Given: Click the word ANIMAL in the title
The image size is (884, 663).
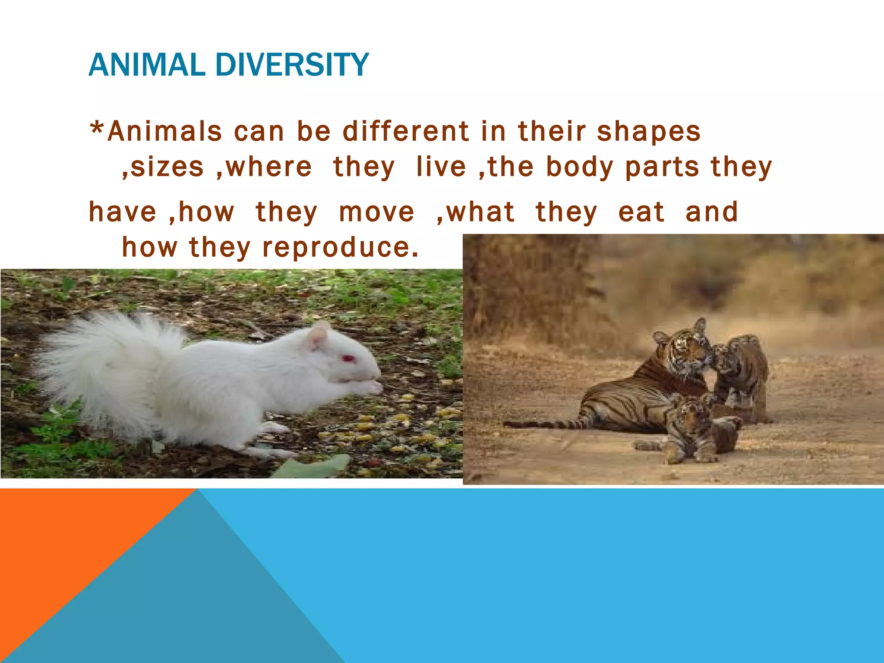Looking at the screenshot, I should pyautogui.click(x=146, y=65).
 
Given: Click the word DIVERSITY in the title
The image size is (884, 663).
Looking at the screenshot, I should pyautogui.click(x=291, y=65).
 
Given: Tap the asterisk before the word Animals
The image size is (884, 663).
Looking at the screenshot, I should pyautogui.click(x=97, y=129).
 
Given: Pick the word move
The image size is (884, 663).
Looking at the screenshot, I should pyautogui.click(x=376, y=212).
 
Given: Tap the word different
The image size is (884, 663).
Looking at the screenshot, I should pyautogui.click(x=406, y=131).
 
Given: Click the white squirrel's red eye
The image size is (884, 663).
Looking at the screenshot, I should pyautogui.click(x=348, y=358).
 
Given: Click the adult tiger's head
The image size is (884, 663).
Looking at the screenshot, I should pyautogui.click(x=686, y=347).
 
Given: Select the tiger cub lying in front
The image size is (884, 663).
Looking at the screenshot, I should pyautogui.click(x=691, y=429).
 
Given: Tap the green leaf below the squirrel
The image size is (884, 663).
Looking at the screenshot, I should pyautogui.click(x=315, y=466).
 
